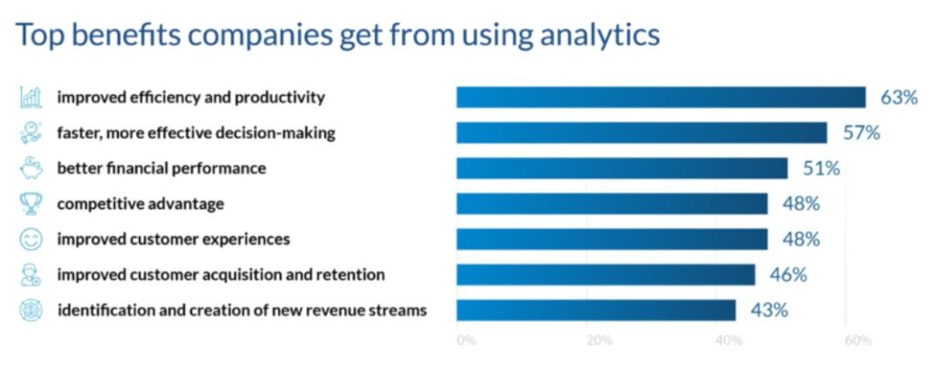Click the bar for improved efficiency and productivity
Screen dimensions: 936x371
tap(661, 97)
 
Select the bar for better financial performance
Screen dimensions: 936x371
tap(622, 168)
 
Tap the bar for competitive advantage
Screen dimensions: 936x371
tap(612, 204)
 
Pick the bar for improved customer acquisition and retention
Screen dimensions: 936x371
tap(606, 275)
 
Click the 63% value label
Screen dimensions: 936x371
tap(899, 98)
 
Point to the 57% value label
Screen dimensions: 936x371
tap(861, 133)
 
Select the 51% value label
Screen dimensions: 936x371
tap(821, 169)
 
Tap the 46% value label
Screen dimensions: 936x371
tap(788, 275)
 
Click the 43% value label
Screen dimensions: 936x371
tap(769, 311)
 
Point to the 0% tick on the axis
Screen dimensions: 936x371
tap(466, 341)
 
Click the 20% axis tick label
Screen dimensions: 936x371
tap(600, 341)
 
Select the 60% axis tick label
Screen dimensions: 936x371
tap(858, 341)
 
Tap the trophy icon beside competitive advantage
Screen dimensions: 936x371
tap(30, 204)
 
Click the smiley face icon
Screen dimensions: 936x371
tap(30, 239)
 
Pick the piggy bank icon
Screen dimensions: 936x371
tap(30, 168)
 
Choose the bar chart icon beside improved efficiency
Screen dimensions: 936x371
tap(30, 97)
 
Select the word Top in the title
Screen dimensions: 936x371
tap(37, 34)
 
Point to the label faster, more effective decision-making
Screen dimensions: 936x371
tap(196, 133)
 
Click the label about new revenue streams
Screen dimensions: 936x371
tap(241, 311)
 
